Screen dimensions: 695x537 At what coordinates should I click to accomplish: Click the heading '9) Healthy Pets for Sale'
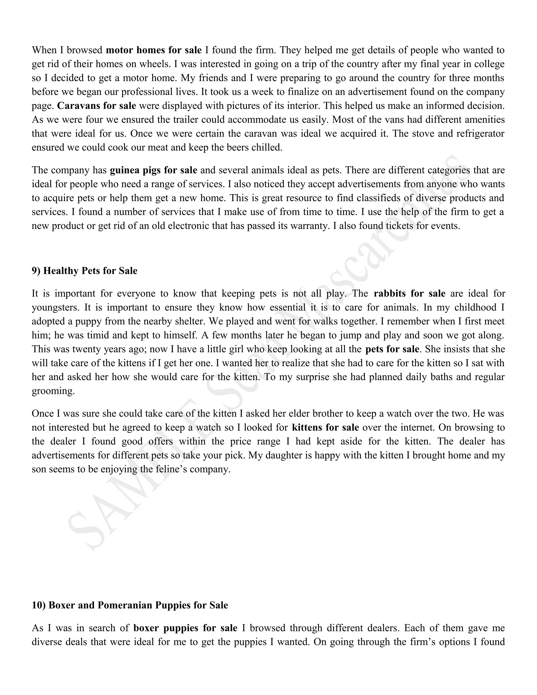click(84, 271)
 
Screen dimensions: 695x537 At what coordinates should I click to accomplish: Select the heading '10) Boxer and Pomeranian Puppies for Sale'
click(130, 605)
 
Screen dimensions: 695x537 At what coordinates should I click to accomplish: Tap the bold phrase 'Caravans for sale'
click(96, 106)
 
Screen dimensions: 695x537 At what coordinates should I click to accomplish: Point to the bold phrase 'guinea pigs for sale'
click(153, 170)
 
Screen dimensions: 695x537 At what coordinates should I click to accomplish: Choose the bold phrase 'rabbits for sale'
click(409, 293)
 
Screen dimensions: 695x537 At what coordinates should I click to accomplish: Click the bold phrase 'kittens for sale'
click(325, 427)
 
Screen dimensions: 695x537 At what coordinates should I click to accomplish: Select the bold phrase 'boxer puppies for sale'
click(185, 628)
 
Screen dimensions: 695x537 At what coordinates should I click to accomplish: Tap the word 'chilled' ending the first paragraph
click(270, 147)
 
